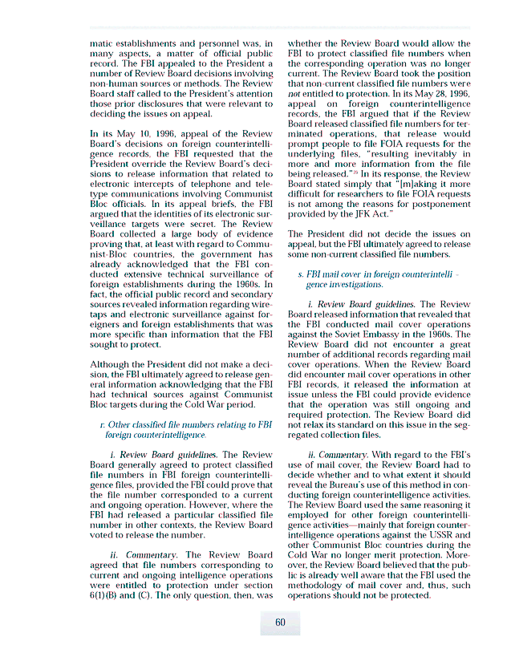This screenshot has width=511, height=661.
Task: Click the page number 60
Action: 280,623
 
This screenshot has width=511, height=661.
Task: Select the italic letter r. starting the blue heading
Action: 99,424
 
